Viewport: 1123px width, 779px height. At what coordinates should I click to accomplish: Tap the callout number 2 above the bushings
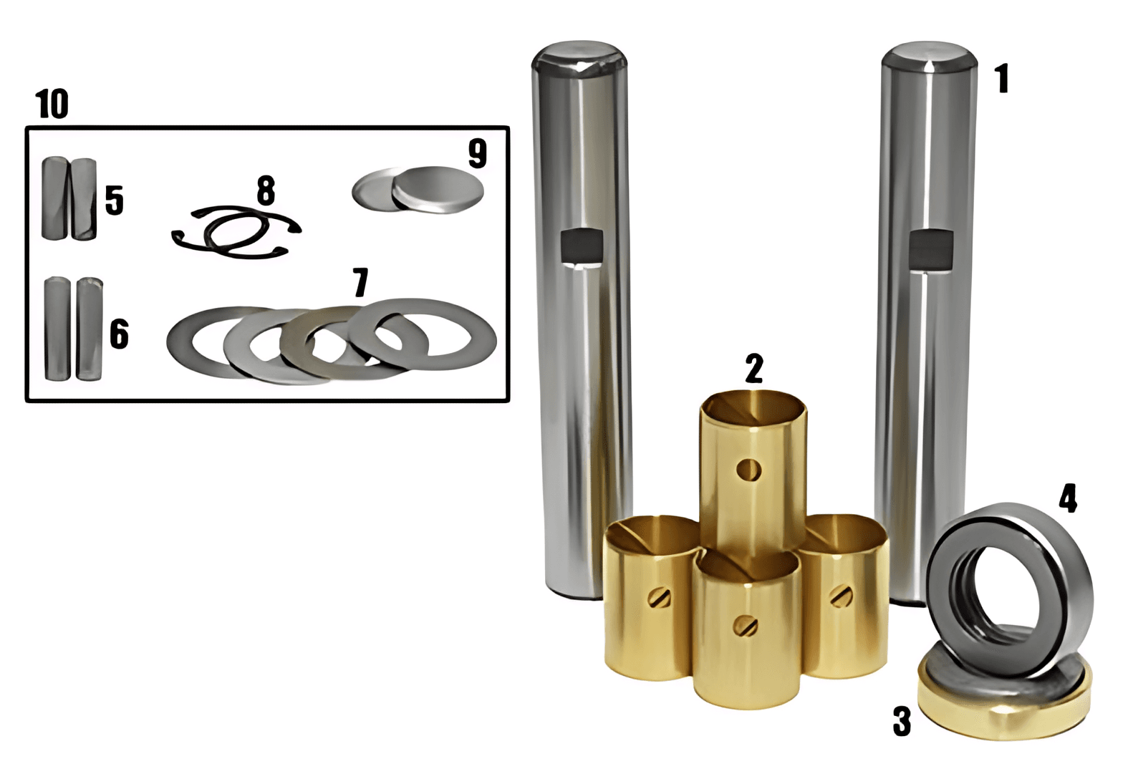(x=754, y=369)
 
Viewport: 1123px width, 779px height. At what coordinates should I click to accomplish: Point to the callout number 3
(x=902, y=721)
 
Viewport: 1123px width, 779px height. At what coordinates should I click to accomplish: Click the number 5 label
(x=114, y=200)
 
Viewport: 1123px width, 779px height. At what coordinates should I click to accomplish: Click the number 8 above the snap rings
(x=266, y=190)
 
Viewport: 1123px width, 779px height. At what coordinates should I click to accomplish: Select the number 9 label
(x=477, y=153)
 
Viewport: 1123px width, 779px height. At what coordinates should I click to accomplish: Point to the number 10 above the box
(x=52, y=105)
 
